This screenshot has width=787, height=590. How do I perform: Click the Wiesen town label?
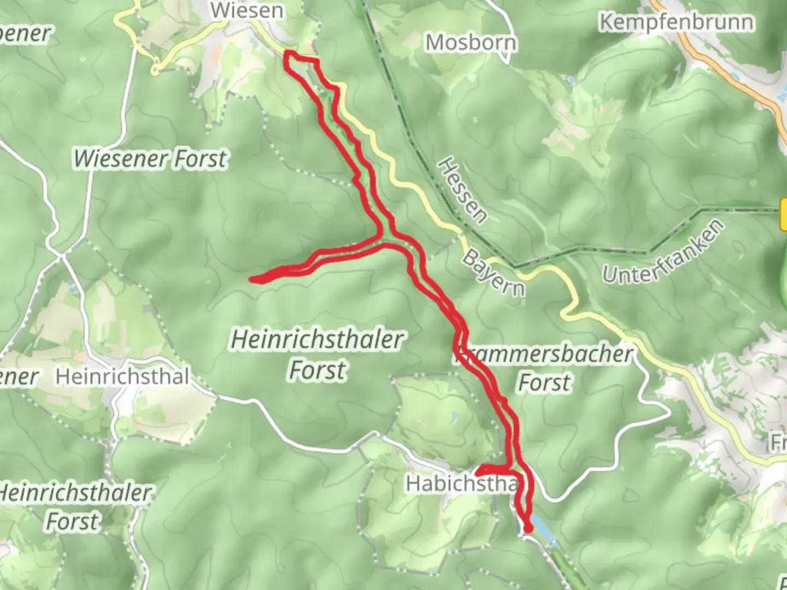247,10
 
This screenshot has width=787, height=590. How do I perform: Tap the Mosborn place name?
471,43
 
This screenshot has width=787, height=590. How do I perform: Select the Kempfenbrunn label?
677,22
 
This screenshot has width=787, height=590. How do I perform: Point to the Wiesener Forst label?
150,159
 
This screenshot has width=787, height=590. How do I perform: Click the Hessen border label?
462,190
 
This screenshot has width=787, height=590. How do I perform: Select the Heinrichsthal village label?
123,377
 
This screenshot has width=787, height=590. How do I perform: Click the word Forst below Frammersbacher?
544,382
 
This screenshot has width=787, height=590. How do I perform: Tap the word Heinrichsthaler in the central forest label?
317,340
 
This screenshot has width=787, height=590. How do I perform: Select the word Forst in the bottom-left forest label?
73,521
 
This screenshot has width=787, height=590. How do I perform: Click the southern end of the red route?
528,529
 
